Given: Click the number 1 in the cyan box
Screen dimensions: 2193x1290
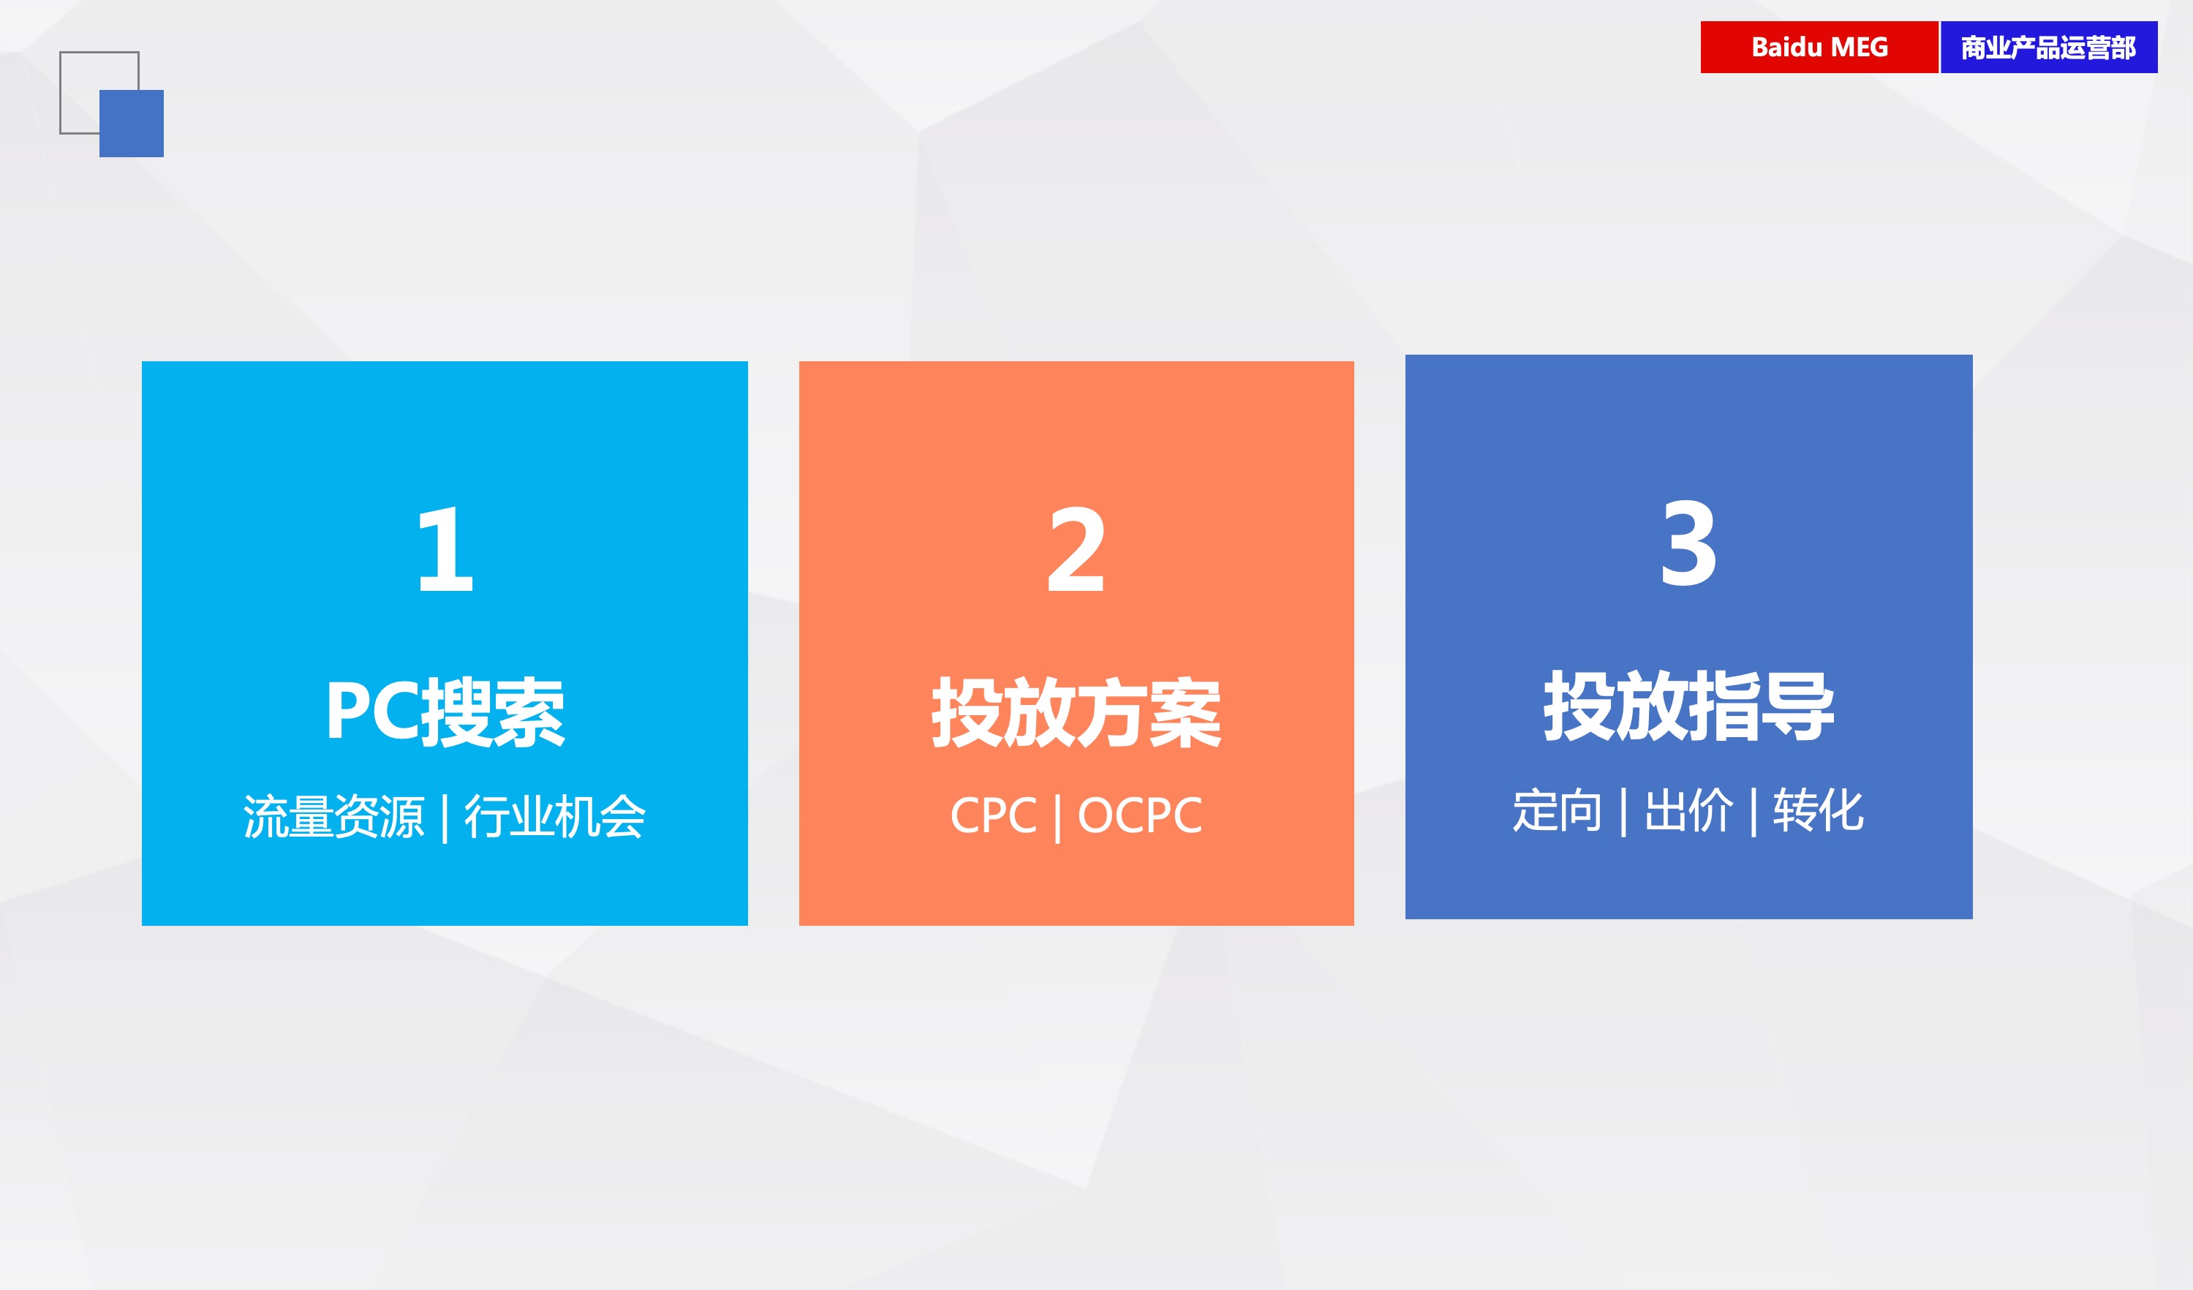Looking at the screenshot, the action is (445, 549).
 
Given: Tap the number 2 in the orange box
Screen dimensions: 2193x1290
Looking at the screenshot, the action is (1076, 549).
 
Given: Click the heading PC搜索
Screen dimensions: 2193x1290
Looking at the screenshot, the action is (445, 712).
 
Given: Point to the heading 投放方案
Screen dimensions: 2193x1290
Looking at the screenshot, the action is (1076, 712).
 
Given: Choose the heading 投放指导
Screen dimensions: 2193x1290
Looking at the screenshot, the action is (1689, 705).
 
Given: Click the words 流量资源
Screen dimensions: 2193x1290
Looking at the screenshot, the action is (333, 816).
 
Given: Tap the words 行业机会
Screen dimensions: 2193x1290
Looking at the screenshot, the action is (554, 816).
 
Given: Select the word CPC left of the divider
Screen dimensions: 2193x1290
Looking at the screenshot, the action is (993, 815).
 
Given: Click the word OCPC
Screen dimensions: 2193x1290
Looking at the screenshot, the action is (1140, 815).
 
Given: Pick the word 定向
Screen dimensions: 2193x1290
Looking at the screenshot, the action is (1557, 810).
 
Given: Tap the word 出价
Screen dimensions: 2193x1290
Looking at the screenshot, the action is (1688, 810).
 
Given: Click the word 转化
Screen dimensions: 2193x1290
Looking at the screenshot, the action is (1819, 810).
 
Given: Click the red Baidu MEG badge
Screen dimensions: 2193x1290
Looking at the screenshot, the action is (1819, 47).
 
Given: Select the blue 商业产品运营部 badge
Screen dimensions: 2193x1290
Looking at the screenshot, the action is (2048, 47).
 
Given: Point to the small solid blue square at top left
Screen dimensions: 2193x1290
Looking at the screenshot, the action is (132, 124).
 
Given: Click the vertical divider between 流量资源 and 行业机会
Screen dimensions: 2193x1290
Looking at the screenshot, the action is (445, 819).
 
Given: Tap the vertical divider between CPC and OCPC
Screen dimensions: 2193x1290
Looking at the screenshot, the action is (1057, 819).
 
